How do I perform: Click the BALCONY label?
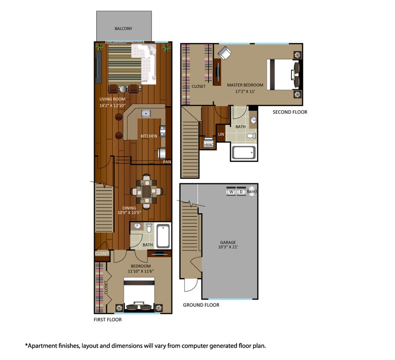point(124,29)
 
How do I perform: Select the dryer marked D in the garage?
point(241,192)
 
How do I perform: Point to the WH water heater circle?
point(252,192)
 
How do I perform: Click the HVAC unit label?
point(209,145)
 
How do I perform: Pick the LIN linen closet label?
point(221,134)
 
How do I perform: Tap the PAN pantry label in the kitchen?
point(167,162)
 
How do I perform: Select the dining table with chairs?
point(147,192)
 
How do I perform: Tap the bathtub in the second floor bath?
point(243,152)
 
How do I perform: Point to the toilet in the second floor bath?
point(252,136)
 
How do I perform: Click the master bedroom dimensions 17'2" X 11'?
point(245,91)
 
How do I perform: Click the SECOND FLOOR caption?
point(290,112)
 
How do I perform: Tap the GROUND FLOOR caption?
point(201,305)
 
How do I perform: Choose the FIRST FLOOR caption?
point(108,319)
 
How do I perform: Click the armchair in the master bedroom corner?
point(225,53)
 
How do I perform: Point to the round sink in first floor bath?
point(137,226)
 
